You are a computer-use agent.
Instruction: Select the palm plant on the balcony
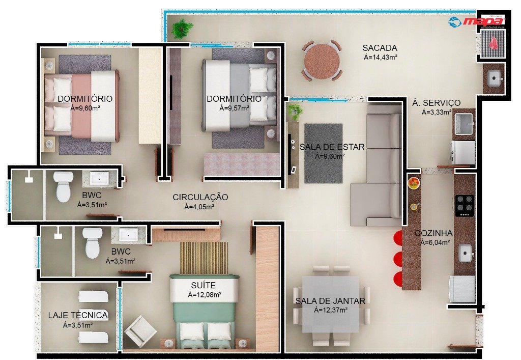point(182,29)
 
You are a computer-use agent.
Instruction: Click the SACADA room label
point(380,48)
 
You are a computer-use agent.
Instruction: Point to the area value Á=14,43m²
point(381,57)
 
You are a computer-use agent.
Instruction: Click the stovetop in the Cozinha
point(465,205)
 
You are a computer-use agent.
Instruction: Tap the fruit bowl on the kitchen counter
point(414,183)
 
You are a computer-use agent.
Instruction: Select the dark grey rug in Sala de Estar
point(323,153)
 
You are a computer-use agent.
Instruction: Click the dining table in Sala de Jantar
point(330,304)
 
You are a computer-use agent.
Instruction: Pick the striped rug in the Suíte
point(204,258)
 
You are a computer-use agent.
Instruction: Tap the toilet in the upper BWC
point(64,186)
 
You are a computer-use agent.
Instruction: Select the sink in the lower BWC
point(128,235)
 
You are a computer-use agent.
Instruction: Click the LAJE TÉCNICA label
point(78,316)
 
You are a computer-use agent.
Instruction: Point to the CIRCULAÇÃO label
point(200,197)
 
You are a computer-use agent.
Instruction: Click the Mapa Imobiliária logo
point(476,22)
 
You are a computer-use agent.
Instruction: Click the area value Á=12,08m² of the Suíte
point(205,294)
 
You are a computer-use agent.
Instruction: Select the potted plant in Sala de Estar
point(295,112)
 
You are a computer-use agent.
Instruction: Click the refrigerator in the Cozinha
point(461,289)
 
